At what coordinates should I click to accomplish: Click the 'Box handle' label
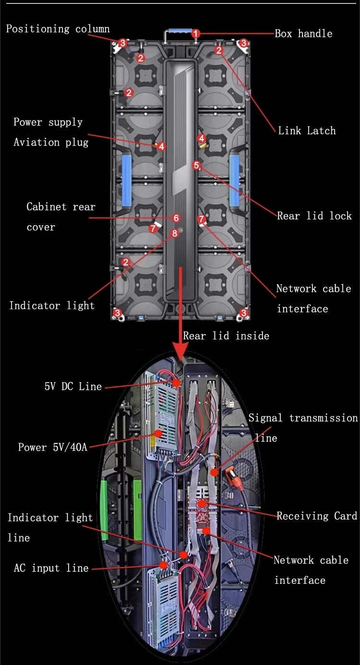click(303, 34)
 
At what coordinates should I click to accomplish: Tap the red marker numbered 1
click(195, 34)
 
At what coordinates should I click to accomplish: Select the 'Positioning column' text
click(58, 29)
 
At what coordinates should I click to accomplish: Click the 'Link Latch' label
click(307, 131)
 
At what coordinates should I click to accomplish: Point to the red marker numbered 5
click(196, 165)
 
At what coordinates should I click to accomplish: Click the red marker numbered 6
click(176, 218)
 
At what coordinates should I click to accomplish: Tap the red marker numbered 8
click(174, 233)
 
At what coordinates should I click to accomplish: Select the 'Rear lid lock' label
click(314, 216)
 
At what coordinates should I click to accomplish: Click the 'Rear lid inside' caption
click(226, 336)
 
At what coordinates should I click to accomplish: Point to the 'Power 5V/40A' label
click(53, 447)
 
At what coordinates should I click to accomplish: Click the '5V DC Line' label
click(73, 387)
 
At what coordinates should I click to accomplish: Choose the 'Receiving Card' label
click(317, 516)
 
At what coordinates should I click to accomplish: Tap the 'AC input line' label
click(51, 568)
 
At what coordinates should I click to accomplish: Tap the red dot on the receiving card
click(202, 504)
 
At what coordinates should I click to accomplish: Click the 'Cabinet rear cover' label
click(60, 217)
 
